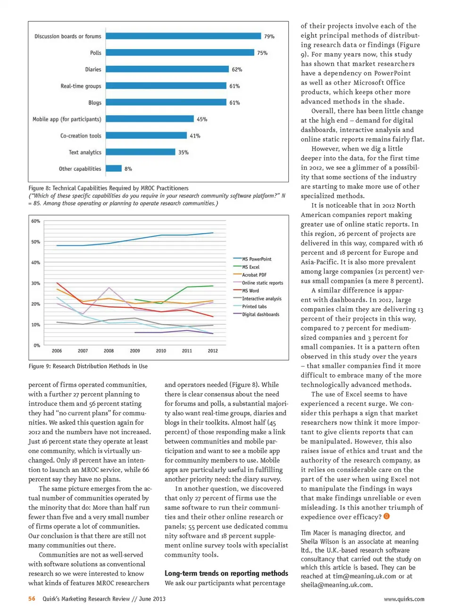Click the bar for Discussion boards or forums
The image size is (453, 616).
click(183, 36)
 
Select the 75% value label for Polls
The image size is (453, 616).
click(262, 53)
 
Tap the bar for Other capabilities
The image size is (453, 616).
click(114, 169)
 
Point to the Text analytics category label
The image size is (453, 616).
click(85, 152)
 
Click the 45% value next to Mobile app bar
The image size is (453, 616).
click(202, 119)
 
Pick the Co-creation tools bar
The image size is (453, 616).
click(146, 135)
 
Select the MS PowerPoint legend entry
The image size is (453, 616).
click(257, 259)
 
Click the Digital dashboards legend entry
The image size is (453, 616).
click(260, 314)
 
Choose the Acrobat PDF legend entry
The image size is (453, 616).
click(254, 275)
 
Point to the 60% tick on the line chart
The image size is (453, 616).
click(36, 221)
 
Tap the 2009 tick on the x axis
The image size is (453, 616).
click(135, 351)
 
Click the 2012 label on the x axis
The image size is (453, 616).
click(213, 351)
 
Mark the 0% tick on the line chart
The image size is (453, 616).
click(37, 346)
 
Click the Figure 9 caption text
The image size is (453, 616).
click(88, 366)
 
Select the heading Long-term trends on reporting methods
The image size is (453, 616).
click(226, 573)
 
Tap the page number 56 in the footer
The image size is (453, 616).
click(32, 599)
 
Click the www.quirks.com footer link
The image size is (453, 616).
click(404, 599)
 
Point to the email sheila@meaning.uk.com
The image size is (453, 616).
click(336, 585)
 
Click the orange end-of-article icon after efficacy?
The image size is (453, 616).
click(386, 516)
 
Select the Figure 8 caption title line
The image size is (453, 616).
click(109, 188)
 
